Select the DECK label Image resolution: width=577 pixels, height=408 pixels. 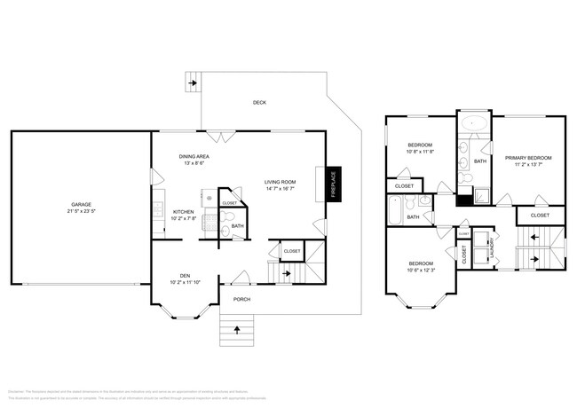point(259,103)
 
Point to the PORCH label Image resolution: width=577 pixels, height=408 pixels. point(241,300)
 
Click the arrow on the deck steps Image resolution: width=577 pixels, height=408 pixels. point(193,84)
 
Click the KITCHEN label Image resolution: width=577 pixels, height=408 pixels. point(184,211)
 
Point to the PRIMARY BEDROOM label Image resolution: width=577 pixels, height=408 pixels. point(527,158)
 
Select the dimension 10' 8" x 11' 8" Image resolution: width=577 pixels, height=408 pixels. point(420,152)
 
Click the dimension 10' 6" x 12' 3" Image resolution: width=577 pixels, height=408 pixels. point(421,271)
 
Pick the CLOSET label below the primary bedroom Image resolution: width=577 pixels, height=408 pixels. point(539,216)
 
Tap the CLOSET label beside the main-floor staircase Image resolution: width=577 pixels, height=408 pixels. point(291,252)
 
